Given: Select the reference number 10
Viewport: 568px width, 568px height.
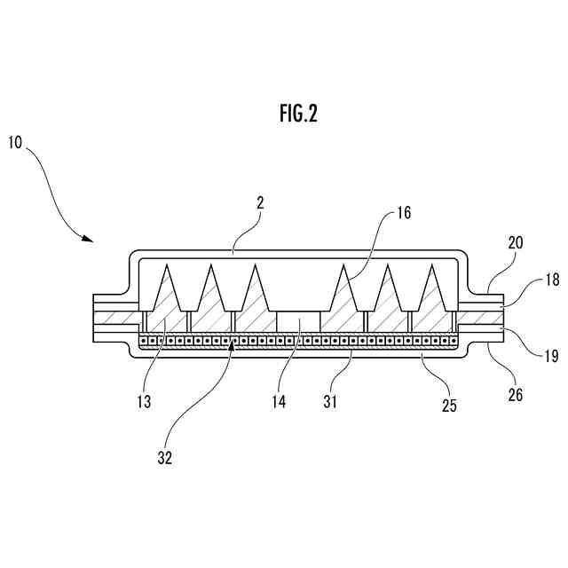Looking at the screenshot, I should click(17, 142).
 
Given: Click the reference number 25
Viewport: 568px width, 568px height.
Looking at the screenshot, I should click(450, 406).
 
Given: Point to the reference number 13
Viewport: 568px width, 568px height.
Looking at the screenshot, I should click(144, 402).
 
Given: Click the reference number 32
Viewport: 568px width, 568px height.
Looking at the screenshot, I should click(164, 458).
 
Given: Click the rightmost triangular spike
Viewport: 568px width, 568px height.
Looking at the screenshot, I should click(432, 288).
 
